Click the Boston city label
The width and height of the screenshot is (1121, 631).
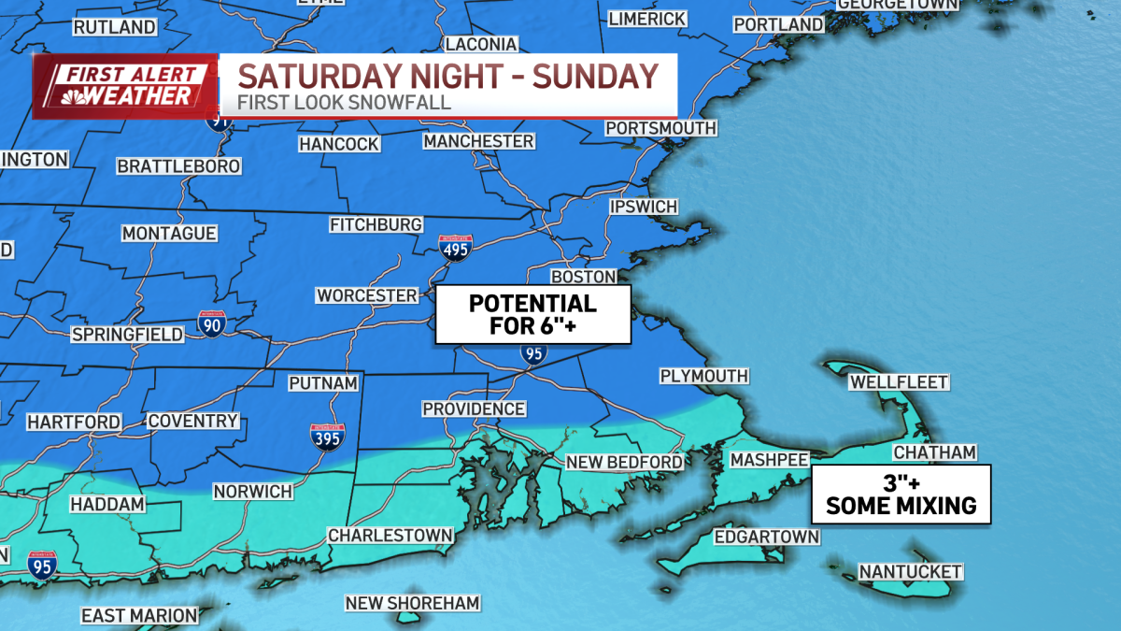[584, 277]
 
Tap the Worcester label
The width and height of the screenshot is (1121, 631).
[367, 295]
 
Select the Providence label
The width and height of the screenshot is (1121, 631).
[474, 409]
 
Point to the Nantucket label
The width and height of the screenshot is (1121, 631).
[897, 571]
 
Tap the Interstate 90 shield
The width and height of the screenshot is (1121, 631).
[212, 323]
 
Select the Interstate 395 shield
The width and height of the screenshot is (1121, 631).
[327, 436]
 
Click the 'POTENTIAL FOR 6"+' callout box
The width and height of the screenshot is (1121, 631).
[532, 315]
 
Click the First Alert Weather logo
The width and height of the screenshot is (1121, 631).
[124, 86]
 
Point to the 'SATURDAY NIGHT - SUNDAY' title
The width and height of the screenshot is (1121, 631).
[446, 75]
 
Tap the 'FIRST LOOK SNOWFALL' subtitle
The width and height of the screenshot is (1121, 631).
[345, 102]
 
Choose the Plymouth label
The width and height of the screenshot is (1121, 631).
[703, 376]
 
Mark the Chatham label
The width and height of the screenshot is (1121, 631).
[934, 452]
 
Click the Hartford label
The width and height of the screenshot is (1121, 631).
[74, 422]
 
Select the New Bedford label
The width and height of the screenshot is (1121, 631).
[625, 462]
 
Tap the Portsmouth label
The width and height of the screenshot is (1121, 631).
[660, 128]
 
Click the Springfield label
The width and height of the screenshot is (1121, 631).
[128, 335]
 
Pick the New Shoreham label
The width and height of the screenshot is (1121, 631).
[412, 603]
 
